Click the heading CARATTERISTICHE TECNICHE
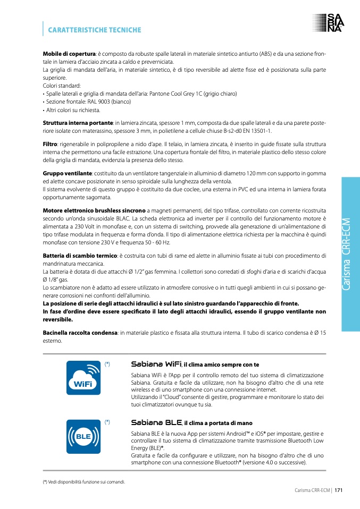tap(95, 30)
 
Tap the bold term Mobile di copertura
tap(69, 54)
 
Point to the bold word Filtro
tap(50, 144)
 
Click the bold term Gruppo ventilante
tap(67, 173)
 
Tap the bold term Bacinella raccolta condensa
tap(80, 333)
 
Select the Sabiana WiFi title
tap(156, 364)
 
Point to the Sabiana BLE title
tap(156, 423)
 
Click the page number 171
tap(338, 490)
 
